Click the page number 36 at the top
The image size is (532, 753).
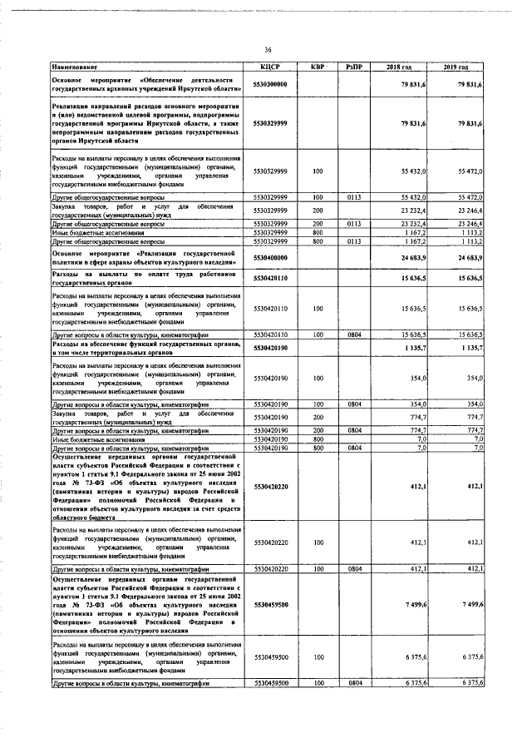[268, 48]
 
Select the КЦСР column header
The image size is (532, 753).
[272, 66]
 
